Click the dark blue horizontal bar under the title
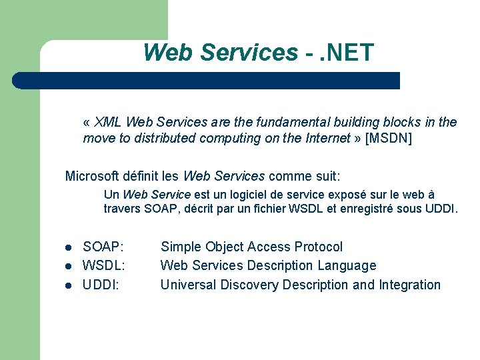coord(207,81)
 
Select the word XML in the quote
coord(108,123)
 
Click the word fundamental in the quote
coord(270,123)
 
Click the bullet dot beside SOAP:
coord(68,248)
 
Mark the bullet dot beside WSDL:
coord(68,267)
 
